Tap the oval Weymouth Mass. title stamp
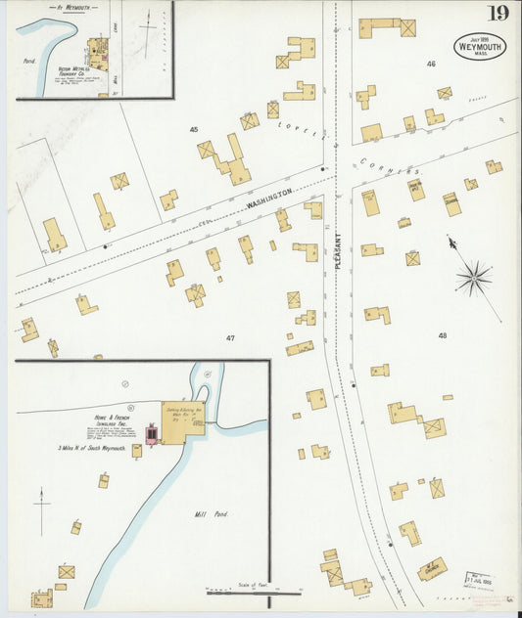coord(479,47)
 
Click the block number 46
coord(430,64)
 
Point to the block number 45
coord(194,129)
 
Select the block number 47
coord(230,338)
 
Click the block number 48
coord(443,335)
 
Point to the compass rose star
coord(474,278)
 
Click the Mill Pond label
coord(213,513)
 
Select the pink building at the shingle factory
coord(153,433)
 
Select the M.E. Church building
coord(431,567)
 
